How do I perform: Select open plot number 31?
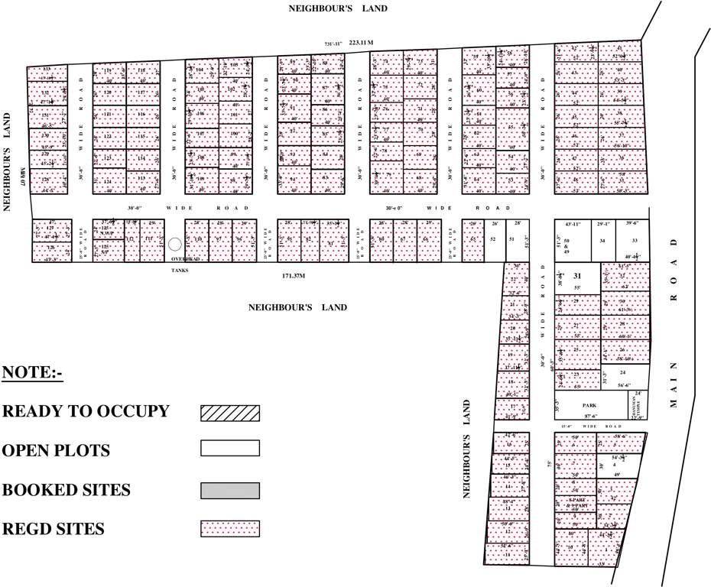coord(578,277)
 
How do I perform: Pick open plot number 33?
coord(634,241)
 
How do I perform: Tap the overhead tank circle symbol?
coord(175,244)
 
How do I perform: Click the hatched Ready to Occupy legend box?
coord(230,413)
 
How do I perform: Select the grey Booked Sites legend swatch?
coord(230,490)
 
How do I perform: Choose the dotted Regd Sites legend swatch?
coord(230,528)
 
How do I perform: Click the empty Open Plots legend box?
coord(230,449)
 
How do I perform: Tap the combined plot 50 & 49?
coord(567,245)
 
